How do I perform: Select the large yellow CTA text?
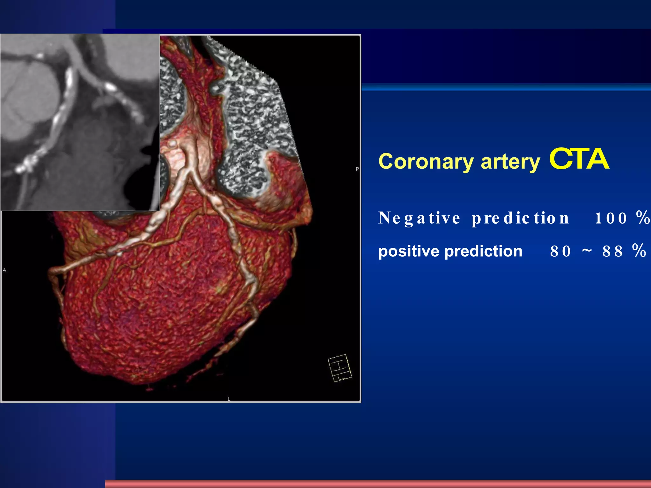point(579,159)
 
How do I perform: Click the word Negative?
point(419,218)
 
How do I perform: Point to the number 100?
point(611,218)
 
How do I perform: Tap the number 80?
point(561,251)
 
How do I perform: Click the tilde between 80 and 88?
point(587,250)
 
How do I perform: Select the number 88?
point(613,251)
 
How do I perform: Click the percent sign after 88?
point(639,250)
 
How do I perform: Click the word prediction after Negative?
point(520,218)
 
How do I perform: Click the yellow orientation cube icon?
point(340,368)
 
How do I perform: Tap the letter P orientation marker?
point(357,169)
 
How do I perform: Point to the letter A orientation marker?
point(4,270)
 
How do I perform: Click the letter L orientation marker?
point(229,399)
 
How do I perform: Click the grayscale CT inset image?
point(79,122)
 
